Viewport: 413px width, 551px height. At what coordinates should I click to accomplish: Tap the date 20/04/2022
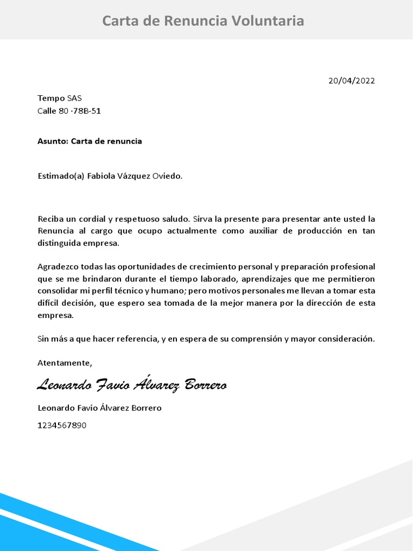352,81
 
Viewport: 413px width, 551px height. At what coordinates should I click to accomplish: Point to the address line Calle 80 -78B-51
69,111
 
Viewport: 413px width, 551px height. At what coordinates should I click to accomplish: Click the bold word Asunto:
53,141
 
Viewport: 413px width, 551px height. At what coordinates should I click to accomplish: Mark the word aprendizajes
272,279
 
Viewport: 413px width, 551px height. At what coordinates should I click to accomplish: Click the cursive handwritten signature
132,385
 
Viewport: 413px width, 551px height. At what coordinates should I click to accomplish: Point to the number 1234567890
62,425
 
